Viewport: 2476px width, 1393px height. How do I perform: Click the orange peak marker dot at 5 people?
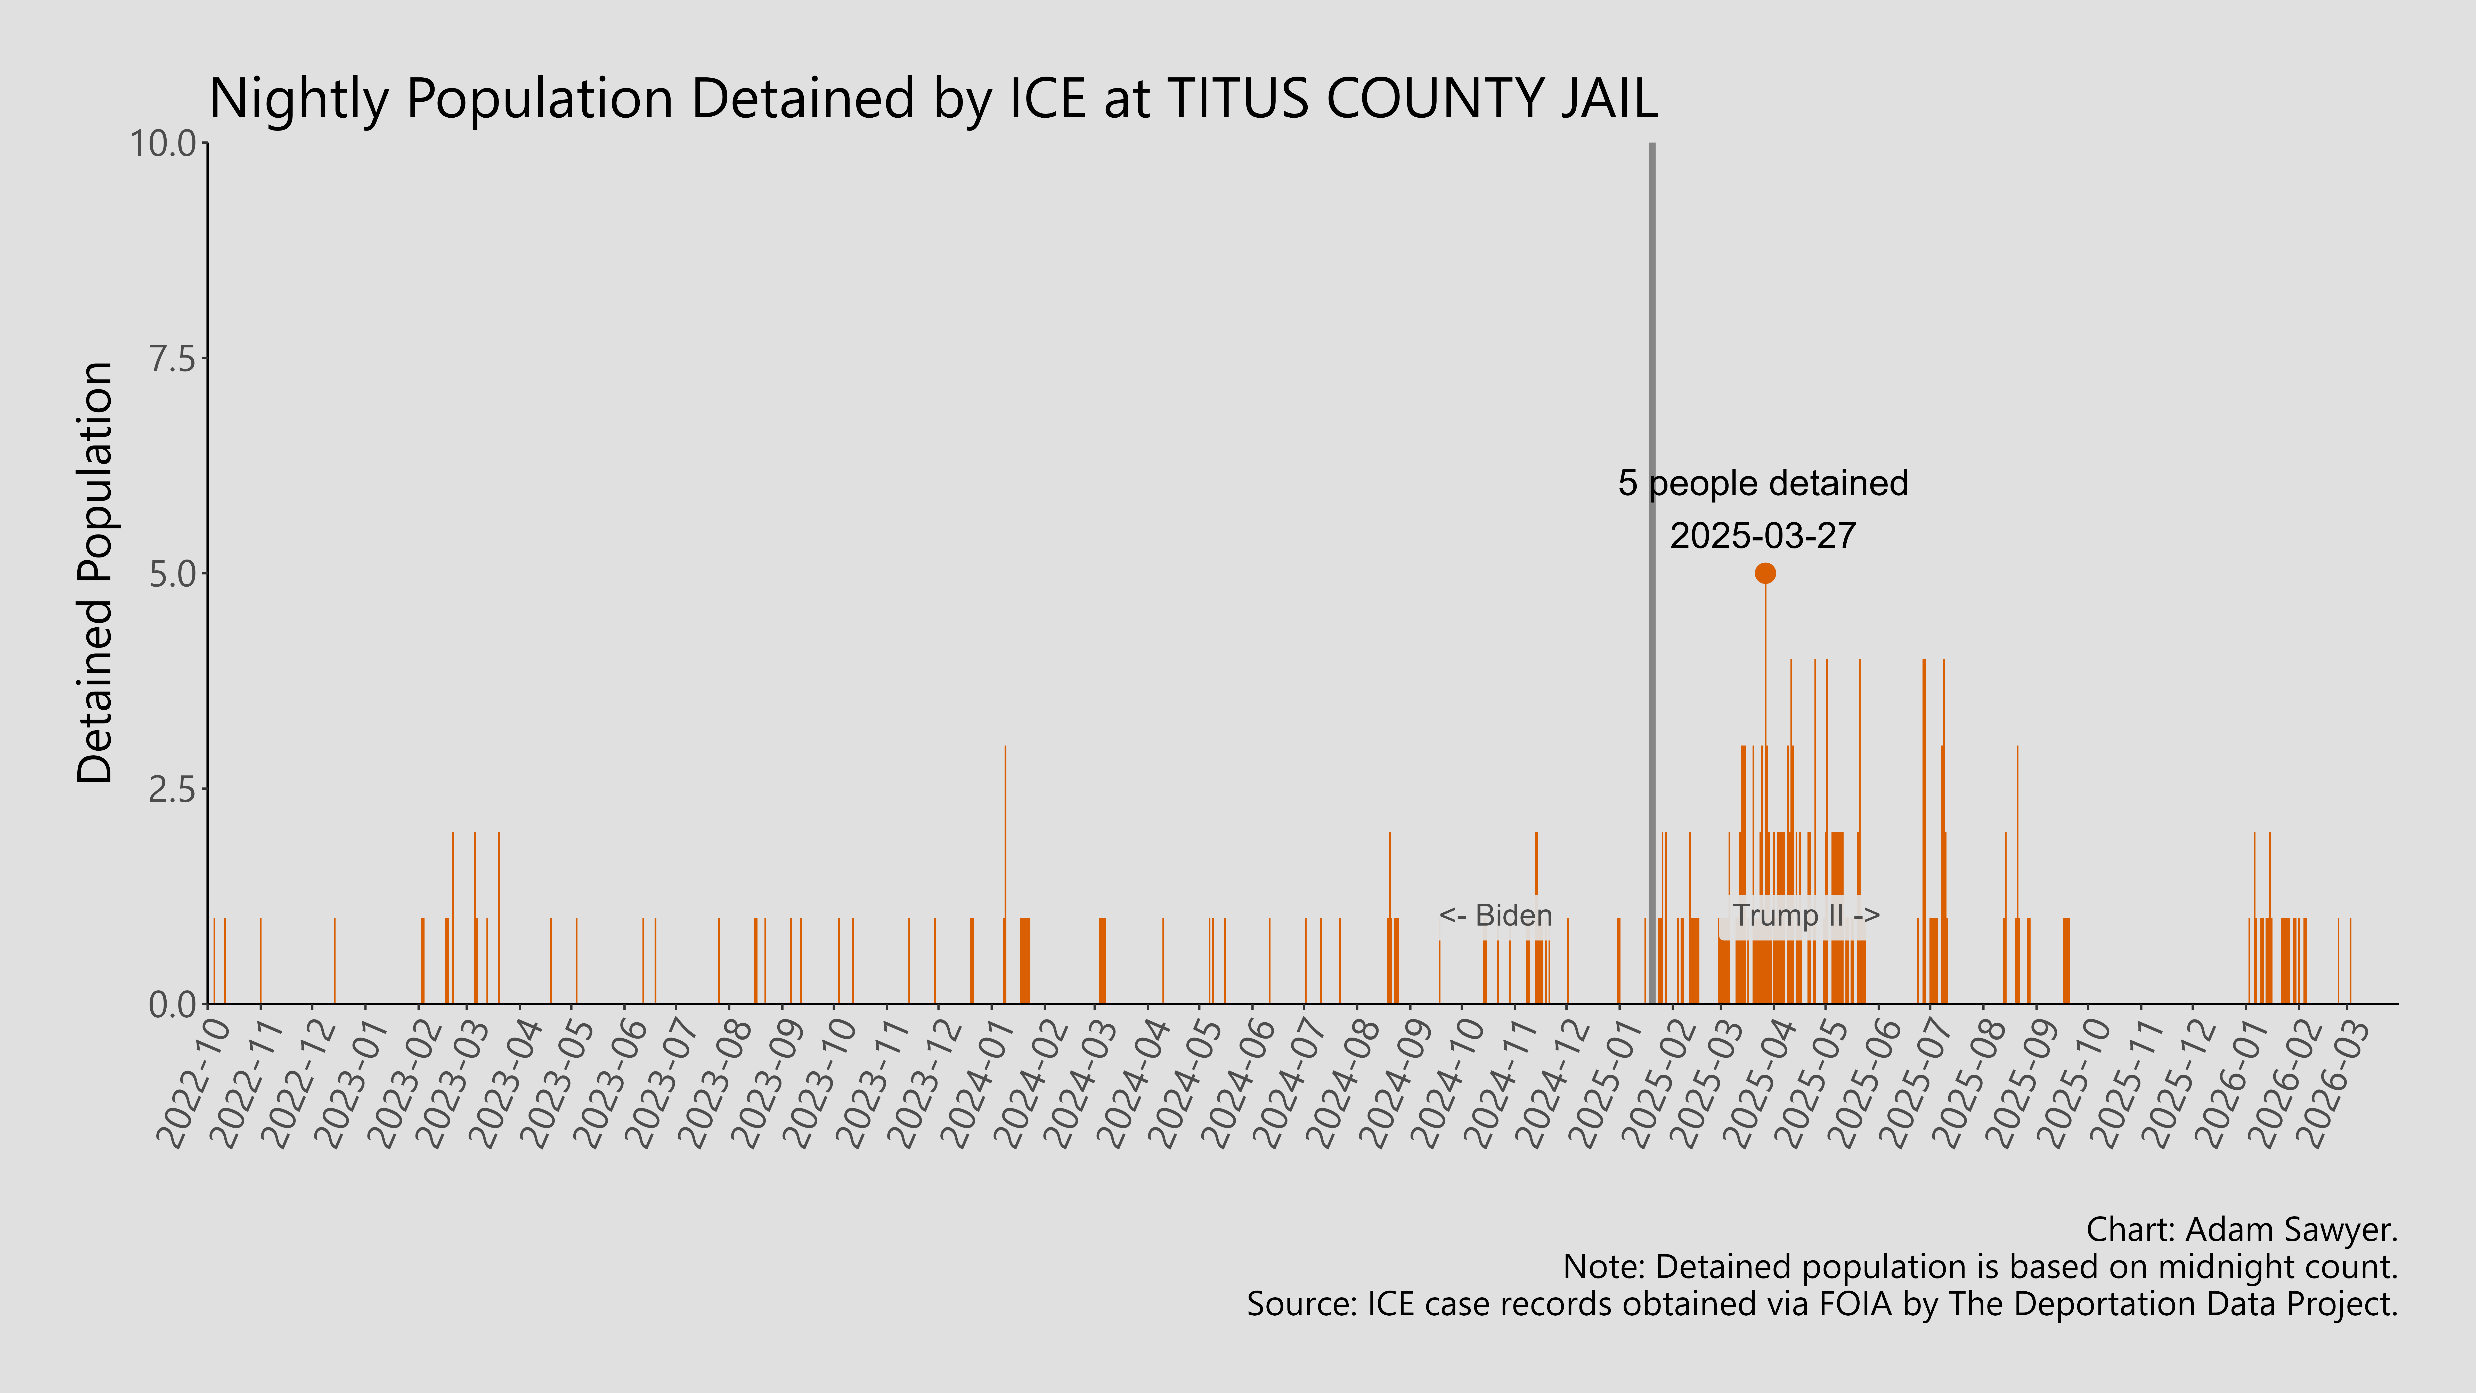[1765, 573]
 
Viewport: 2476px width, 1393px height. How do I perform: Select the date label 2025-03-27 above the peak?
[1763, 536]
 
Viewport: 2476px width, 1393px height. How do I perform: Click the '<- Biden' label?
[1496, 915]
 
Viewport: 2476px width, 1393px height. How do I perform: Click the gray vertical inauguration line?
[1652, 385]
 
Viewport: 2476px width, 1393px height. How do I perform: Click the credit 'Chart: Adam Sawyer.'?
[2242, 1229]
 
